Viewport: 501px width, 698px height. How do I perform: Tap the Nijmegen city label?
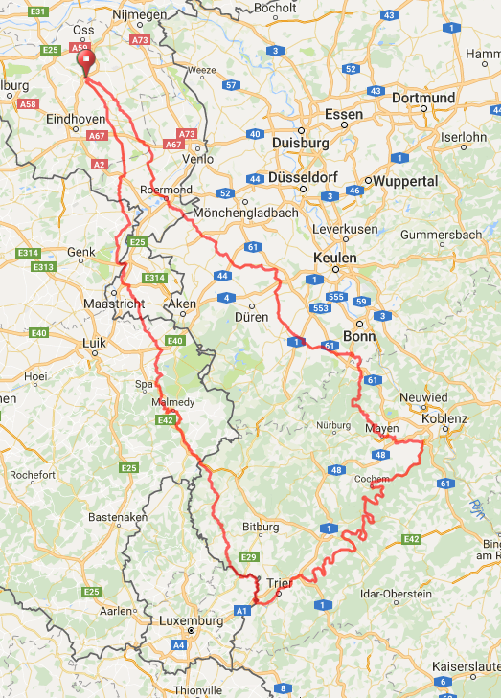(139, 15)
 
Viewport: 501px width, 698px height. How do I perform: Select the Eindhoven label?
(78, 119)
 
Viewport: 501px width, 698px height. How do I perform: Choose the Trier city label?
(278, 581)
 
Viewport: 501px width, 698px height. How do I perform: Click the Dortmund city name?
(422, 98)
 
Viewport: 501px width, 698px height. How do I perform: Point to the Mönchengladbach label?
(245, 213)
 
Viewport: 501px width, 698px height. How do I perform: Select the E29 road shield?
(249, 557)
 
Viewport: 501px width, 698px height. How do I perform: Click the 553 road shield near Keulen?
(319, 308)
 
